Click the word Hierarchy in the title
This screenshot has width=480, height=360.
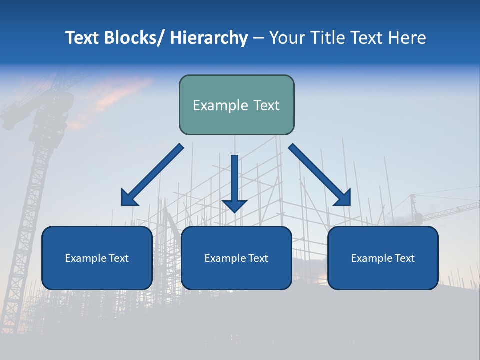(x=209, y=38)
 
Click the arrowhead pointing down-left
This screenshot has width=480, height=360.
(x=129, y=198)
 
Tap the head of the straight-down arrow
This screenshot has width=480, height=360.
(x=234, y=205)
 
